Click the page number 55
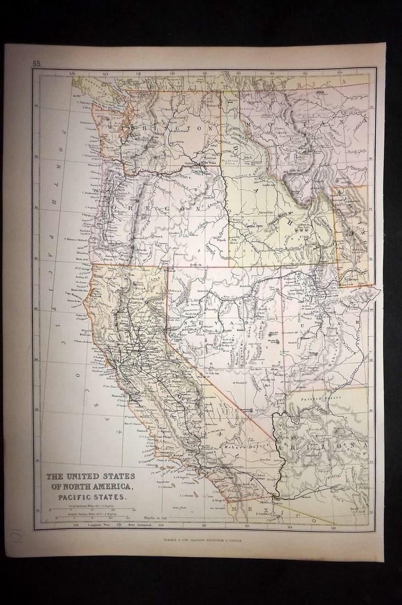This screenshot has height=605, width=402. [x=36, y=64]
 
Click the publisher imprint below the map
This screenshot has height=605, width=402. [x=202, y=540]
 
